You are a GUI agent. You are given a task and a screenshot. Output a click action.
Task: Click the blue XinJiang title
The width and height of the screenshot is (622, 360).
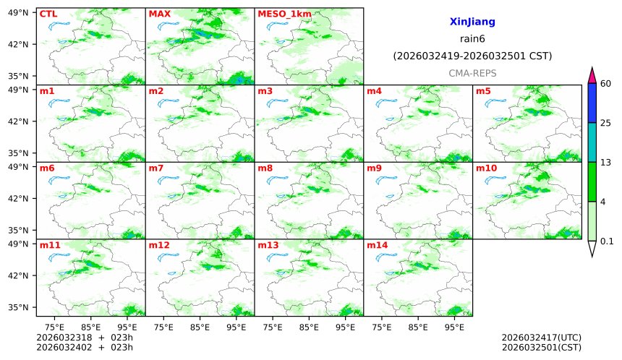point(472,22)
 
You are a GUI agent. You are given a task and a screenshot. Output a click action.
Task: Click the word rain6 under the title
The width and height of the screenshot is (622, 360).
point(472,39)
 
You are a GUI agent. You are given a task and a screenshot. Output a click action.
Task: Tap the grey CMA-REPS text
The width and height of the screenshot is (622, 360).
point(472,73)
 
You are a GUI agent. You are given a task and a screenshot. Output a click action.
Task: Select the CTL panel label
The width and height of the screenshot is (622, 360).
point(48,14)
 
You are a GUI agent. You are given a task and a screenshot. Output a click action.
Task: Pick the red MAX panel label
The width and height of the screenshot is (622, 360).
point(159,14)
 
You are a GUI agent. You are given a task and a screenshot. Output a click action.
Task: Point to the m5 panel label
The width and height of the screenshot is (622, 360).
point(483,91)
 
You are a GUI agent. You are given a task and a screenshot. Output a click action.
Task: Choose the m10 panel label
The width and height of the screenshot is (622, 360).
point(486,168)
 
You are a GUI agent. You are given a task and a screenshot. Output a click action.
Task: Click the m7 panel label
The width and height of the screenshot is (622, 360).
point(156,168)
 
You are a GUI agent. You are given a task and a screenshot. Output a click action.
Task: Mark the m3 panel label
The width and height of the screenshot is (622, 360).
point(265,91)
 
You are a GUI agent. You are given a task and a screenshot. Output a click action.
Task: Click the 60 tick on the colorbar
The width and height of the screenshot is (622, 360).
point(606,84)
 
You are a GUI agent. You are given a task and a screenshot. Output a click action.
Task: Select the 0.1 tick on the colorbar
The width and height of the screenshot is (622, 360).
point(607,241)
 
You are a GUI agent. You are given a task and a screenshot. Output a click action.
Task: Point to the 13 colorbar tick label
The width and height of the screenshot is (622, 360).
point(606,162)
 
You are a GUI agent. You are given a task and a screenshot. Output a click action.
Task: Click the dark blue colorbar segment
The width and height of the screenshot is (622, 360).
point(592,103)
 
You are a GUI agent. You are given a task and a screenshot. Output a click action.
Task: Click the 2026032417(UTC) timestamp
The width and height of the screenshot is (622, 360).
point(541,338)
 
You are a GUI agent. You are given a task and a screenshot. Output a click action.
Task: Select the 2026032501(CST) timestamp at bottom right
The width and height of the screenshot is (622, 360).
point(541,347)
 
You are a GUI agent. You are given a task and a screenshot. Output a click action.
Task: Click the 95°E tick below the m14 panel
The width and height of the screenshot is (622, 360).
point(454,327)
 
